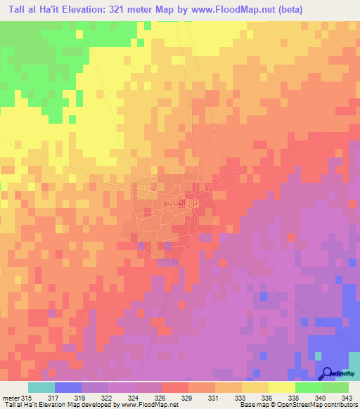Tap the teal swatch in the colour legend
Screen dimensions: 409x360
click(x=41, y=387)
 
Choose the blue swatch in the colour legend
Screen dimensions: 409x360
click(x=67, y=387)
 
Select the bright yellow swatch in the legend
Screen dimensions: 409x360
click(x=282, y=387)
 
